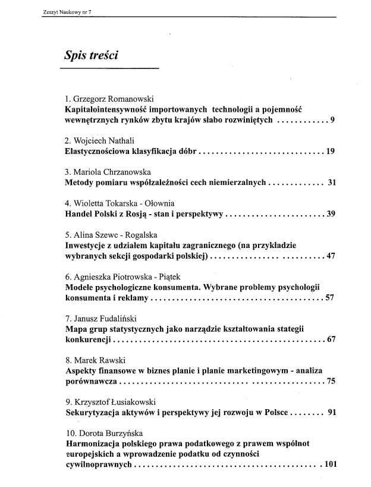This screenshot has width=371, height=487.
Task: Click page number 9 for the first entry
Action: [334, 120]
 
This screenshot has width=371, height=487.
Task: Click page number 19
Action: [331, 151]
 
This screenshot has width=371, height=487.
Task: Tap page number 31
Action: [332, 183]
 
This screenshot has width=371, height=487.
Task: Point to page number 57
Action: [331, 298]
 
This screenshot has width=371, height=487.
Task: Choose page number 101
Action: [328, 464]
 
